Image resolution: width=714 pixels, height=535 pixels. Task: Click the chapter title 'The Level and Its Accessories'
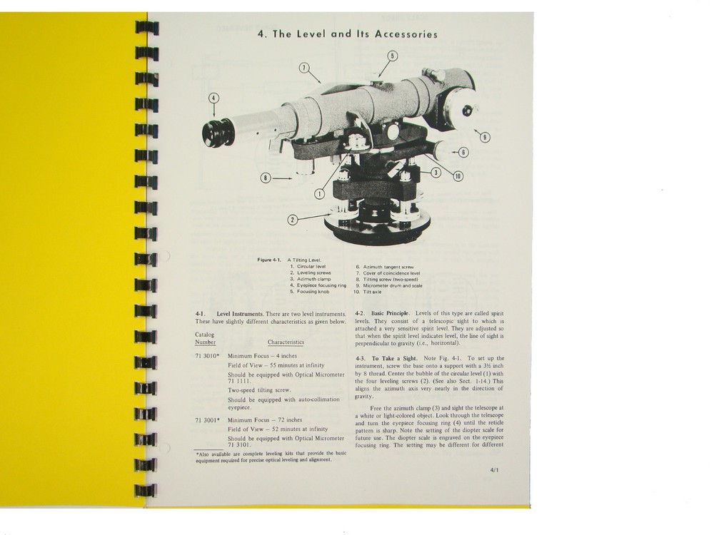pos(347,34)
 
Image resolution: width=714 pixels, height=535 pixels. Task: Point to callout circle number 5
pos(392,56)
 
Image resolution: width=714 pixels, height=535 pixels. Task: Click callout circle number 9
pos(485,138)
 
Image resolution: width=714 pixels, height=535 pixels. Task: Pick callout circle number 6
pos(463,152)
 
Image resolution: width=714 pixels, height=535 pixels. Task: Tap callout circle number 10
pos(458,175)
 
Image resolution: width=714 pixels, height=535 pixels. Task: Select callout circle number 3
pos(436,172)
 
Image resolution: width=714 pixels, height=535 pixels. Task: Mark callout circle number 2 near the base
pos(292,219)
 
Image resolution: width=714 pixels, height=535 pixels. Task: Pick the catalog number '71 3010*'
pos(207,355)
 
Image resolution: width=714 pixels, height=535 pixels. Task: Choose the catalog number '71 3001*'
pos(207,420)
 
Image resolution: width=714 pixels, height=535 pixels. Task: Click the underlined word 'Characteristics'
pos(286,342)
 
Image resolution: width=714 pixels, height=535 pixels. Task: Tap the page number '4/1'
pos(496,470)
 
